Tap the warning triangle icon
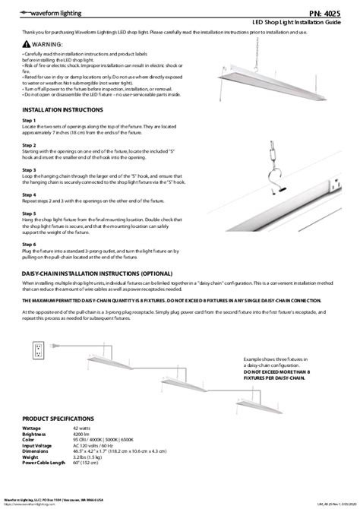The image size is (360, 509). click(27, 45)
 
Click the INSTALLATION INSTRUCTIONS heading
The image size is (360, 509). click(62, 109)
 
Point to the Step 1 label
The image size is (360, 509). click(30, 120)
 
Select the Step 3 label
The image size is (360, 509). click(30, 170)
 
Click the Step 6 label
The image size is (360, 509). click(30, 244)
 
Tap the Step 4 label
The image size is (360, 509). click(30, 194)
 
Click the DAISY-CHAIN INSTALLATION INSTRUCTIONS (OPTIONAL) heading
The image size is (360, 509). click(92, 272)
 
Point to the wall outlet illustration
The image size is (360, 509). click(39, 350)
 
